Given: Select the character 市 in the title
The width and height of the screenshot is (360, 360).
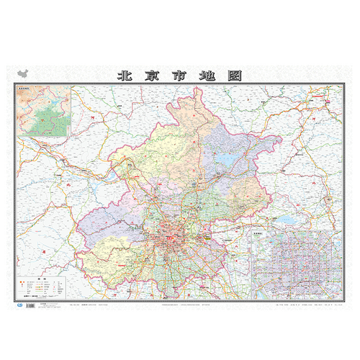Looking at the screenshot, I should (180, 75).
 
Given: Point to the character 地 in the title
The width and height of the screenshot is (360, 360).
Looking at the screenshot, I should (207, 75).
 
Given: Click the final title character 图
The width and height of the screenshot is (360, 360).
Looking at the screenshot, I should (235, 75).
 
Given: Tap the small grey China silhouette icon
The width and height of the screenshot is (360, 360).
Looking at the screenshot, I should (23, 75).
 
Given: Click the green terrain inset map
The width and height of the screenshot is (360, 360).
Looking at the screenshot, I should (44, 112).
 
